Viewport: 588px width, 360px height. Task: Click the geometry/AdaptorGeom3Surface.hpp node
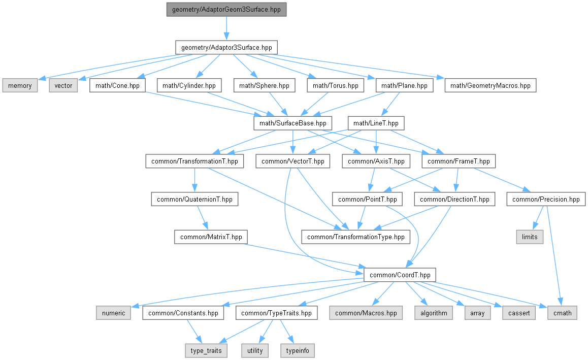(x=226, y=9)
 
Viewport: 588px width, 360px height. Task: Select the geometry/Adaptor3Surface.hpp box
(x=226, y=47)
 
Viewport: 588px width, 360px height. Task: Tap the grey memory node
(x=20, y=85)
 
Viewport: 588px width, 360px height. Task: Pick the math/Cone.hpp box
(x=117, y=85)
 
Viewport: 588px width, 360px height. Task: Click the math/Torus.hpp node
(x=335, y=85)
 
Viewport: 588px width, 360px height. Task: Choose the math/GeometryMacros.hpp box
(x=490, y=85)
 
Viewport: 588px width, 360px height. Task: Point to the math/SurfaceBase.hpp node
(x=293, y=123)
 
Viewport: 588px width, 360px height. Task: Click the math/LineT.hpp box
(x=376, y=123)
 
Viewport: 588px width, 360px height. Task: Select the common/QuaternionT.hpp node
(x=194, y=199)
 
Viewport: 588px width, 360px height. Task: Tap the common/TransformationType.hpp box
(x=356, y=237)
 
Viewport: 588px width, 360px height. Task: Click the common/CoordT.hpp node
(x=400, y=275)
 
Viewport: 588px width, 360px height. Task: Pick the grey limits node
(x=530, y=237)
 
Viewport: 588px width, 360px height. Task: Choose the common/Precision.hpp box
(x=546, y=199)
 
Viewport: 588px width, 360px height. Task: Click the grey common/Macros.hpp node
(x=366, y=313)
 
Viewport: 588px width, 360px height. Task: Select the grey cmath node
(x=562, y=313)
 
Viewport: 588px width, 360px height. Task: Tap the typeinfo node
(x=298, y=350)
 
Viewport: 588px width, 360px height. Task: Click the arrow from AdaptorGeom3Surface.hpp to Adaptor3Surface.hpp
(x=226, y=28)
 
